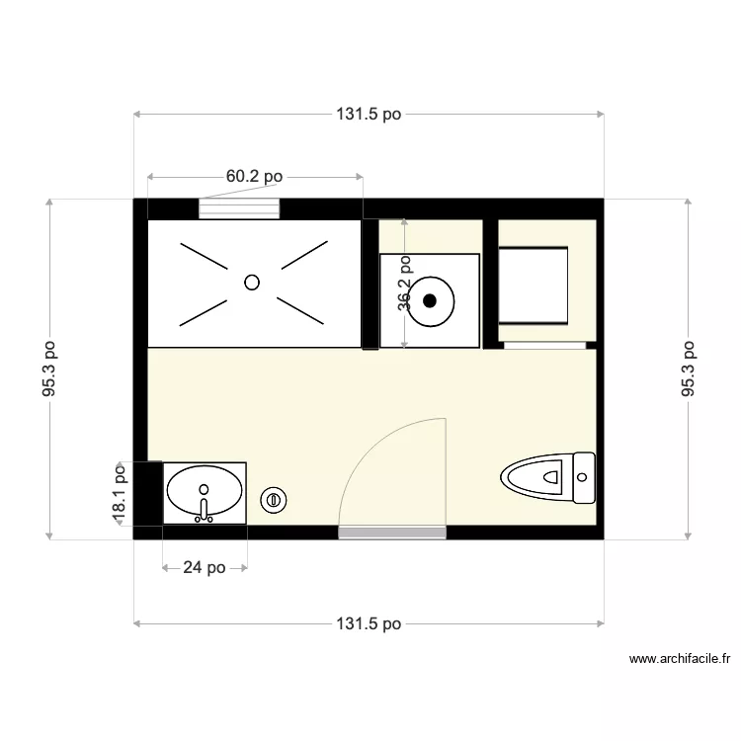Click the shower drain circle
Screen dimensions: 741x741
(x=252, y=282)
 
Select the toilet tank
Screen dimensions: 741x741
(x=585, y=478)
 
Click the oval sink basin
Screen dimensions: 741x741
(x=205, y=487)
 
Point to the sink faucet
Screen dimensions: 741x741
(x=205, y=509)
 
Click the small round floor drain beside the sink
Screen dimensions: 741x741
(x=274, y=501)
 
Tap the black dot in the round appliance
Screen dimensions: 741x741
(x=431, y=302)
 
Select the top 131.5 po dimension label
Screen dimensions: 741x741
(x=369, y=115)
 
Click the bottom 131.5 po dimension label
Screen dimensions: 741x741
(x=369, y=624)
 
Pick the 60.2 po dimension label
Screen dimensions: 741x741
(x=254, y=177)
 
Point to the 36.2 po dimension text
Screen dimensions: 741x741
(x=404, y=284)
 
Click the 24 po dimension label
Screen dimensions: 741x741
(x=205, y=568)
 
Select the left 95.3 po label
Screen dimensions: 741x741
(x=49, y=370)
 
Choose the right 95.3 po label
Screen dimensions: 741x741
(x=689, y=370)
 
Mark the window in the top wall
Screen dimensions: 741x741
(x=239, y=208)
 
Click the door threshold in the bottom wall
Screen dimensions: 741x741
(x=392, y=533)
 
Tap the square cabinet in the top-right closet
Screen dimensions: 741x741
(x=535, y=285)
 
